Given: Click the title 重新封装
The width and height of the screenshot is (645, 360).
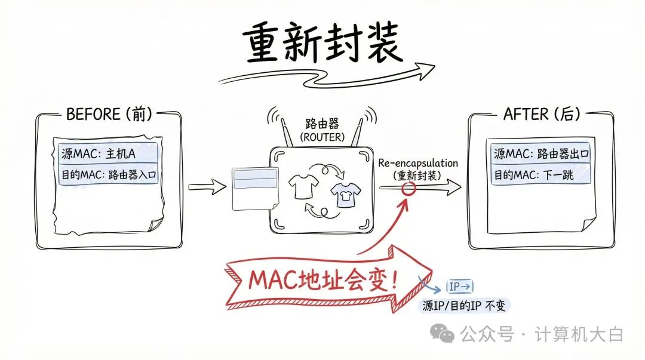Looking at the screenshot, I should (x=322, y=45).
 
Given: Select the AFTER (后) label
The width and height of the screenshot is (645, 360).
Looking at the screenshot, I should (x=541, y=114).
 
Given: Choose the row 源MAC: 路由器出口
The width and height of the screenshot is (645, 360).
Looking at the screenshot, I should (x=541, y=153).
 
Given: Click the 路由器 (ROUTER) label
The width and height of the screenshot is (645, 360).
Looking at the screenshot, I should (x=322, y=130).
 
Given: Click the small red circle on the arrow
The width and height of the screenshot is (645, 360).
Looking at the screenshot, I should (x=408, y=189).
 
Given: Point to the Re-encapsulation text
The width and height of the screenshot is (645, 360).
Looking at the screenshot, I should (x=417, y=163).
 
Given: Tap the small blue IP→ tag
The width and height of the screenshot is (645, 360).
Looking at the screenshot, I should (x=460, y=287).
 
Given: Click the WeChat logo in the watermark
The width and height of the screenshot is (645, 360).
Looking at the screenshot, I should (x=443, y=334).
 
